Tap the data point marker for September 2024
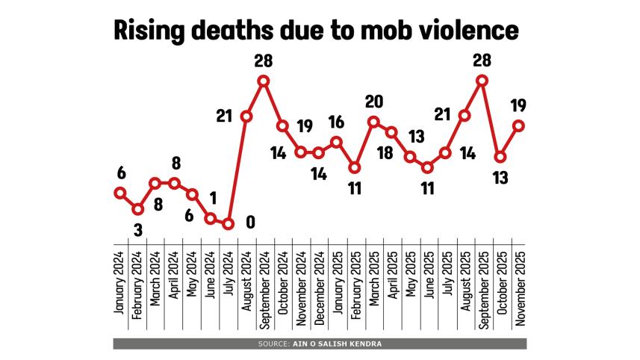[264, 81]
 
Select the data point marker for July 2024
[229, 223]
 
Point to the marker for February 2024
[137, 209]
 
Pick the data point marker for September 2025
[482, 81]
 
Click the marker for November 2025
[518, 125]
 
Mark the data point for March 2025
[373, 122]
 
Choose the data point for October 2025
[500, 157]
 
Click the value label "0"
[250, 222]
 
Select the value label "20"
[373, 102]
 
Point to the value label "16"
[336, 122]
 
